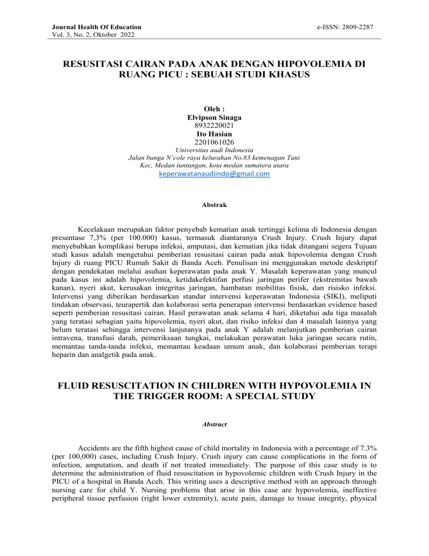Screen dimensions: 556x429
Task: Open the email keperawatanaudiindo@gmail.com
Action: (214, 174)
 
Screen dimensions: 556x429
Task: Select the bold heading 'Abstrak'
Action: (214, 205)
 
